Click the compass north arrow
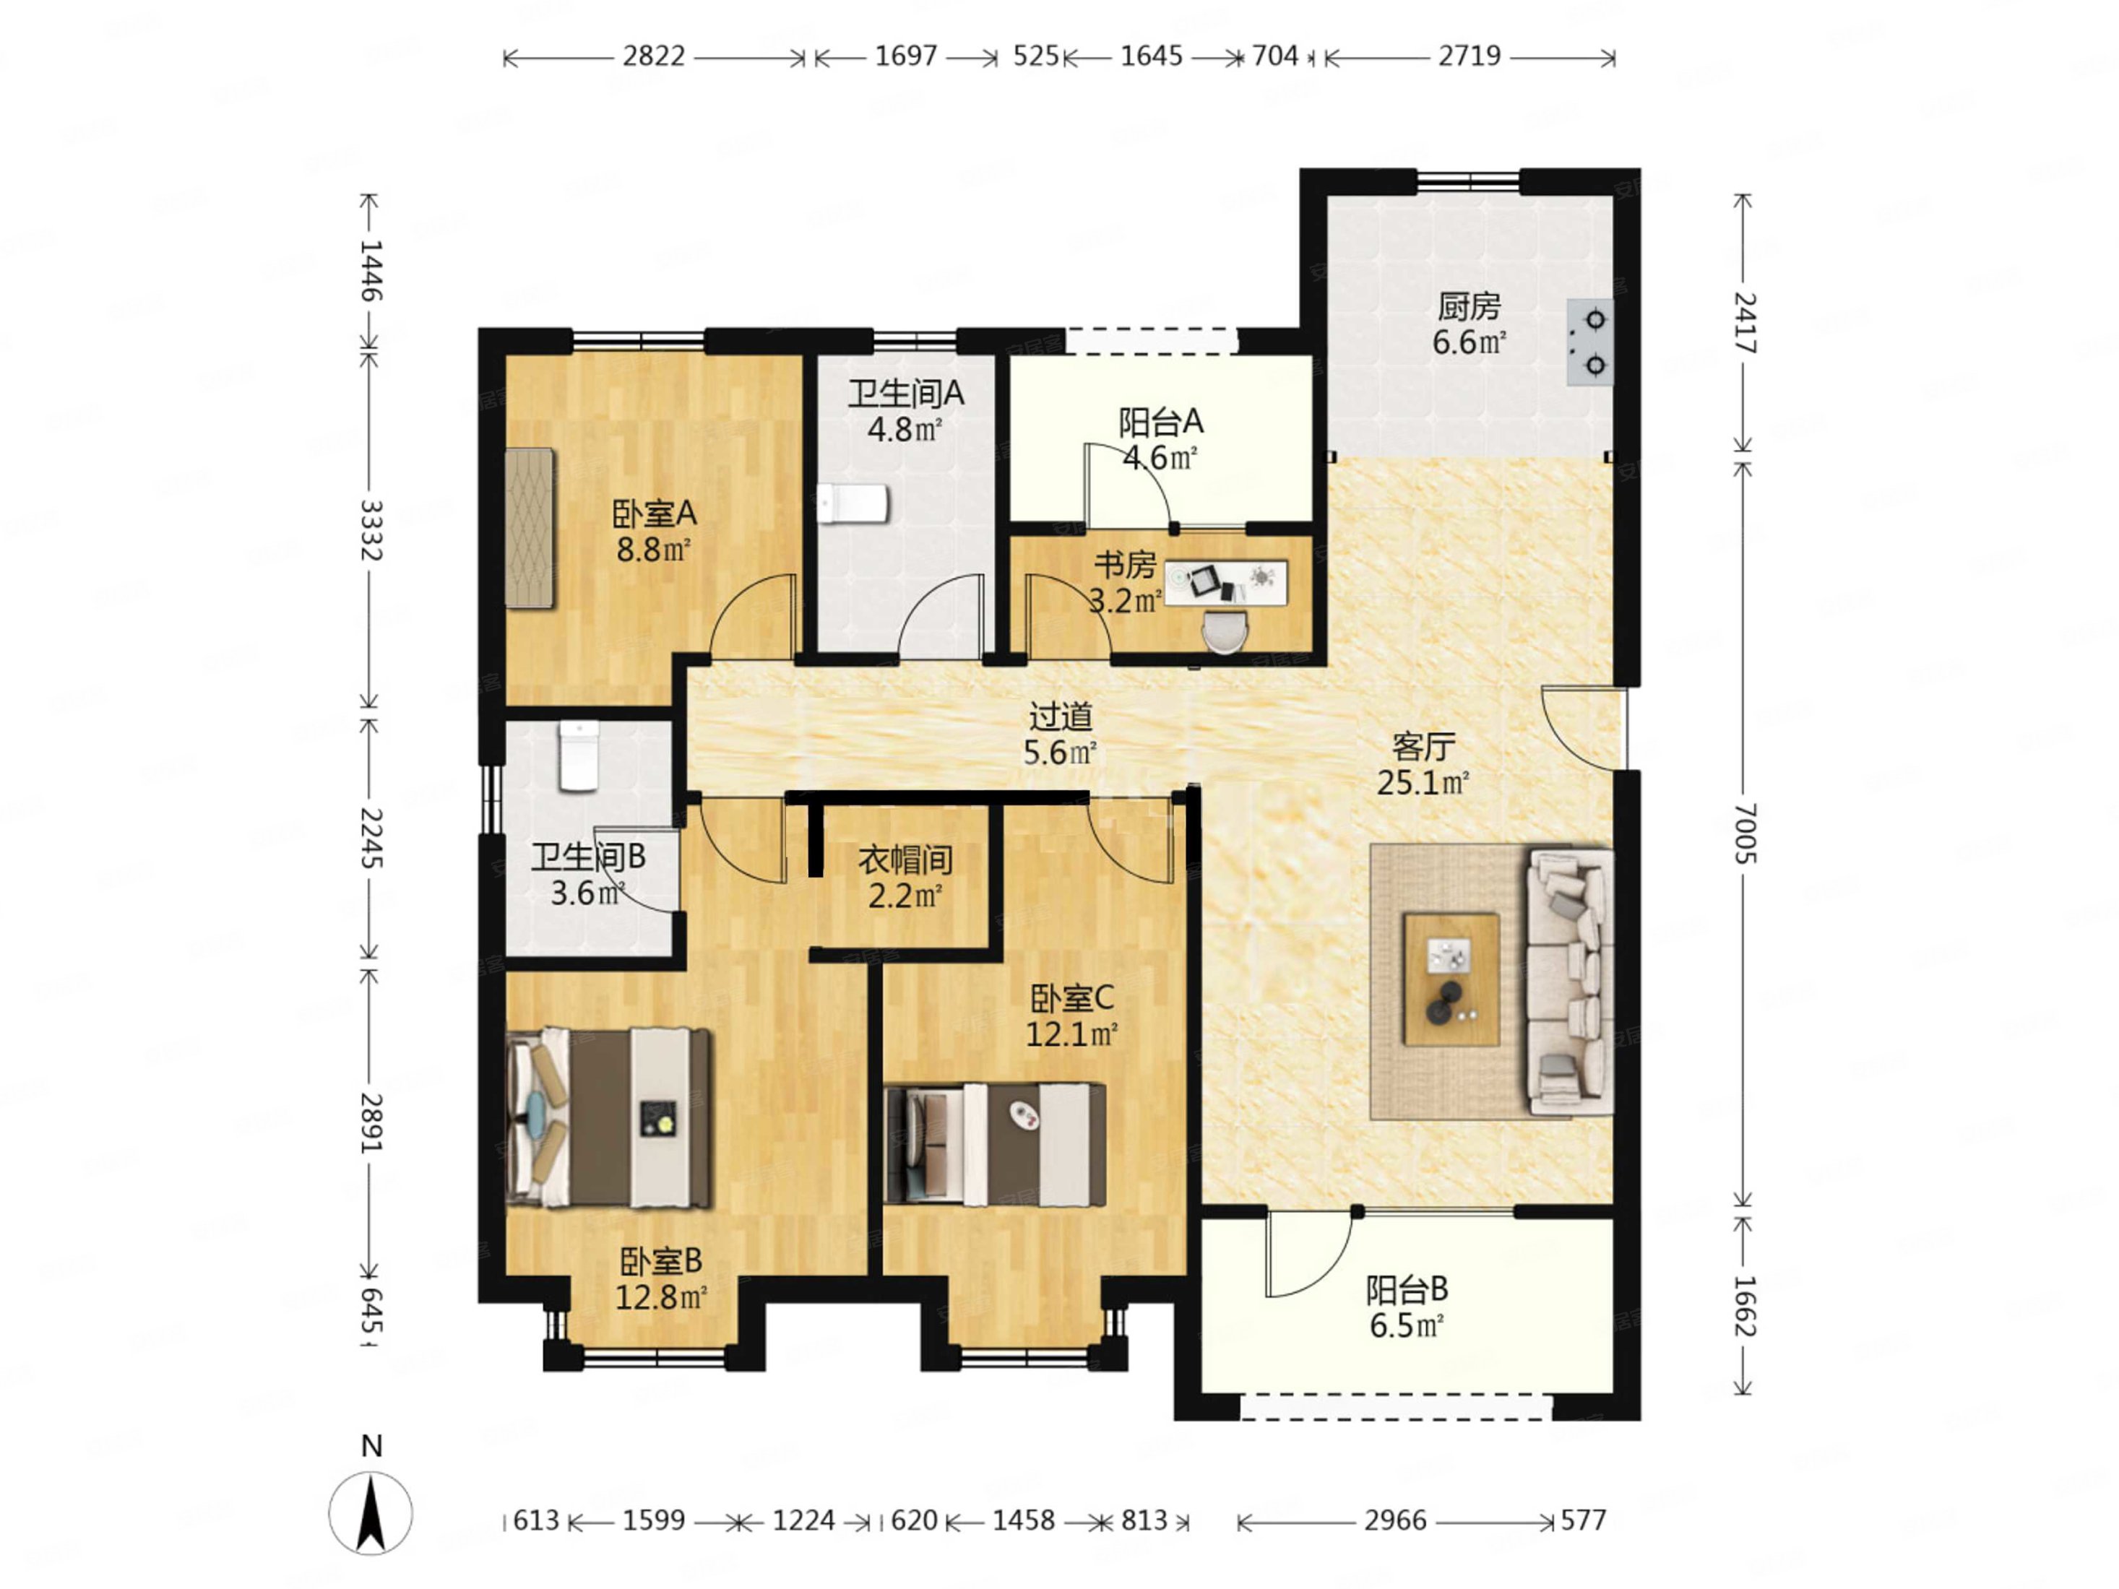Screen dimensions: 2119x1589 (x=371, y=1512)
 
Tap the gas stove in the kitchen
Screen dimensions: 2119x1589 (x=1589, y=342)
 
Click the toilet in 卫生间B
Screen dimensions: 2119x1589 (x=579, y=755)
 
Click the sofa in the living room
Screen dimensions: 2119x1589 (x=1570, y=982)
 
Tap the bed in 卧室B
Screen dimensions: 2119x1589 (x=609, y=1118)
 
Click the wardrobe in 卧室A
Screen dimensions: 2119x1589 (x=530, y=528)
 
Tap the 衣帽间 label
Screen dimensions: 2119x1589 (x=905, y=860)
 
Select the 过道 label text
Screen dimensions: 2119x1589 (x=1061, y=716)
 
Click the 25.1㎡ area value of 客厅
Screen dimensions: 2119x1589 (x=1423, y=784)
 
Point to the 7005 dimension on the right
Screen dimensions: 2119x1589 (x=1745, y=834)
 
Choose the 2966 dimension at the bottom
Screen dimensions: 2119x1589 (x=1395, y=1520)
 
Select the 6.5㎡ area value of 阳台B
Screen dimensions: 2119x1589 (x=1406, y=1327)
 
